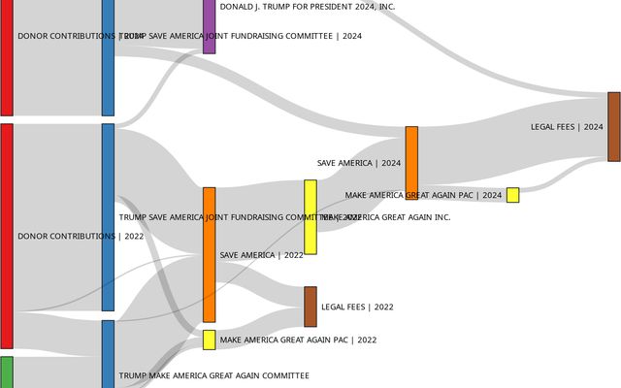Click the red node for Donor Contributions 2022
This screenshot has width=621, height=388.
(6, 236)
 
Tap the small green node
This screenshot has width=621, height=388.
(6, 372)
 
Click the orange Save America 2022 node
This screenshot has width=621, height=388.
(209, 254)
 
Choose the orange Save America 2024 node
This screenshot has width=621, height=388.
(411, 162)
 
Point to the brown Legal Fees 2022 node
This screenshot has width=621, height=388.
(310, 307)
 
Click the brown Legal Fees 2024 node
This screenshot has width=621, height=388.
(613, 126)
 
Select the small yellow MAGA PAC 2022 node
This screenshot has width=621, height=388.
(209, 339)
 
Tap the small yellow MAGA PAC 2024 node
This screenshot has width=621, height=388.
(512, 195)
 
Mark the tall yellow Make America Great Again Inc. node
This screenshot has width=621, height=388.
(310, 217)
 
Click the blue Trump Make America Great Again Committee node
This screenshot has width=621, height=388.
(108, 354)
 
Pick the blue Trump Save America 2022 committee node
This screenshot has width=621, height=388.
(108, 217)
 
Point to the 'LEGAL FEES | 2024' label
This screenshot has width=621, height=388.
(567, 127)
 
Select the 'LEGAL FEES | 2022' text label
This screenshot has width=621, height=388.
(357, 307)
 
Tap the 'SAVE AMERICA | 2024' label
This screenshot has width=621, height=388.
(359, 163)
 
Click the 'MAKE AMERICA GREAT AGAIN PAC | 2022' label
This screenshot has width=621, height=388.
(298, 340)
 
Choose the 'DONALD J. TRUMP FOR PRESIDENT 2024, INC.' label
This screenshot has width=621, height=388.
(308, 7)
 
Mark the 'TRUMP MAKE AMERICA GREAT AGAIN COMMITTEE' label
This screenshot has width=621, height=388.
(213, 375)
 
